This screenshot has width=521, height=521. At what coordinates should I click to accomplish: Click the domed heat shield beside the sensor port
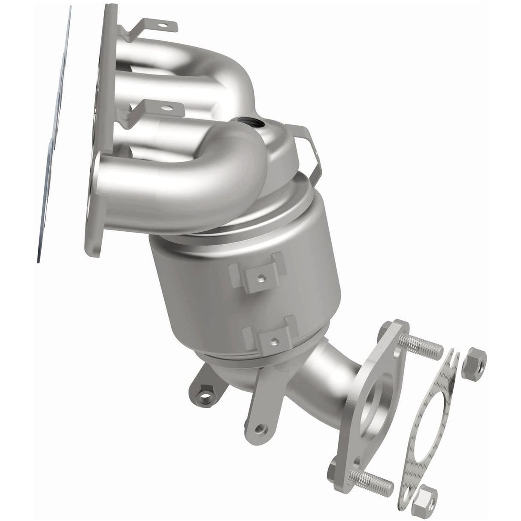click(279, 142)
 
